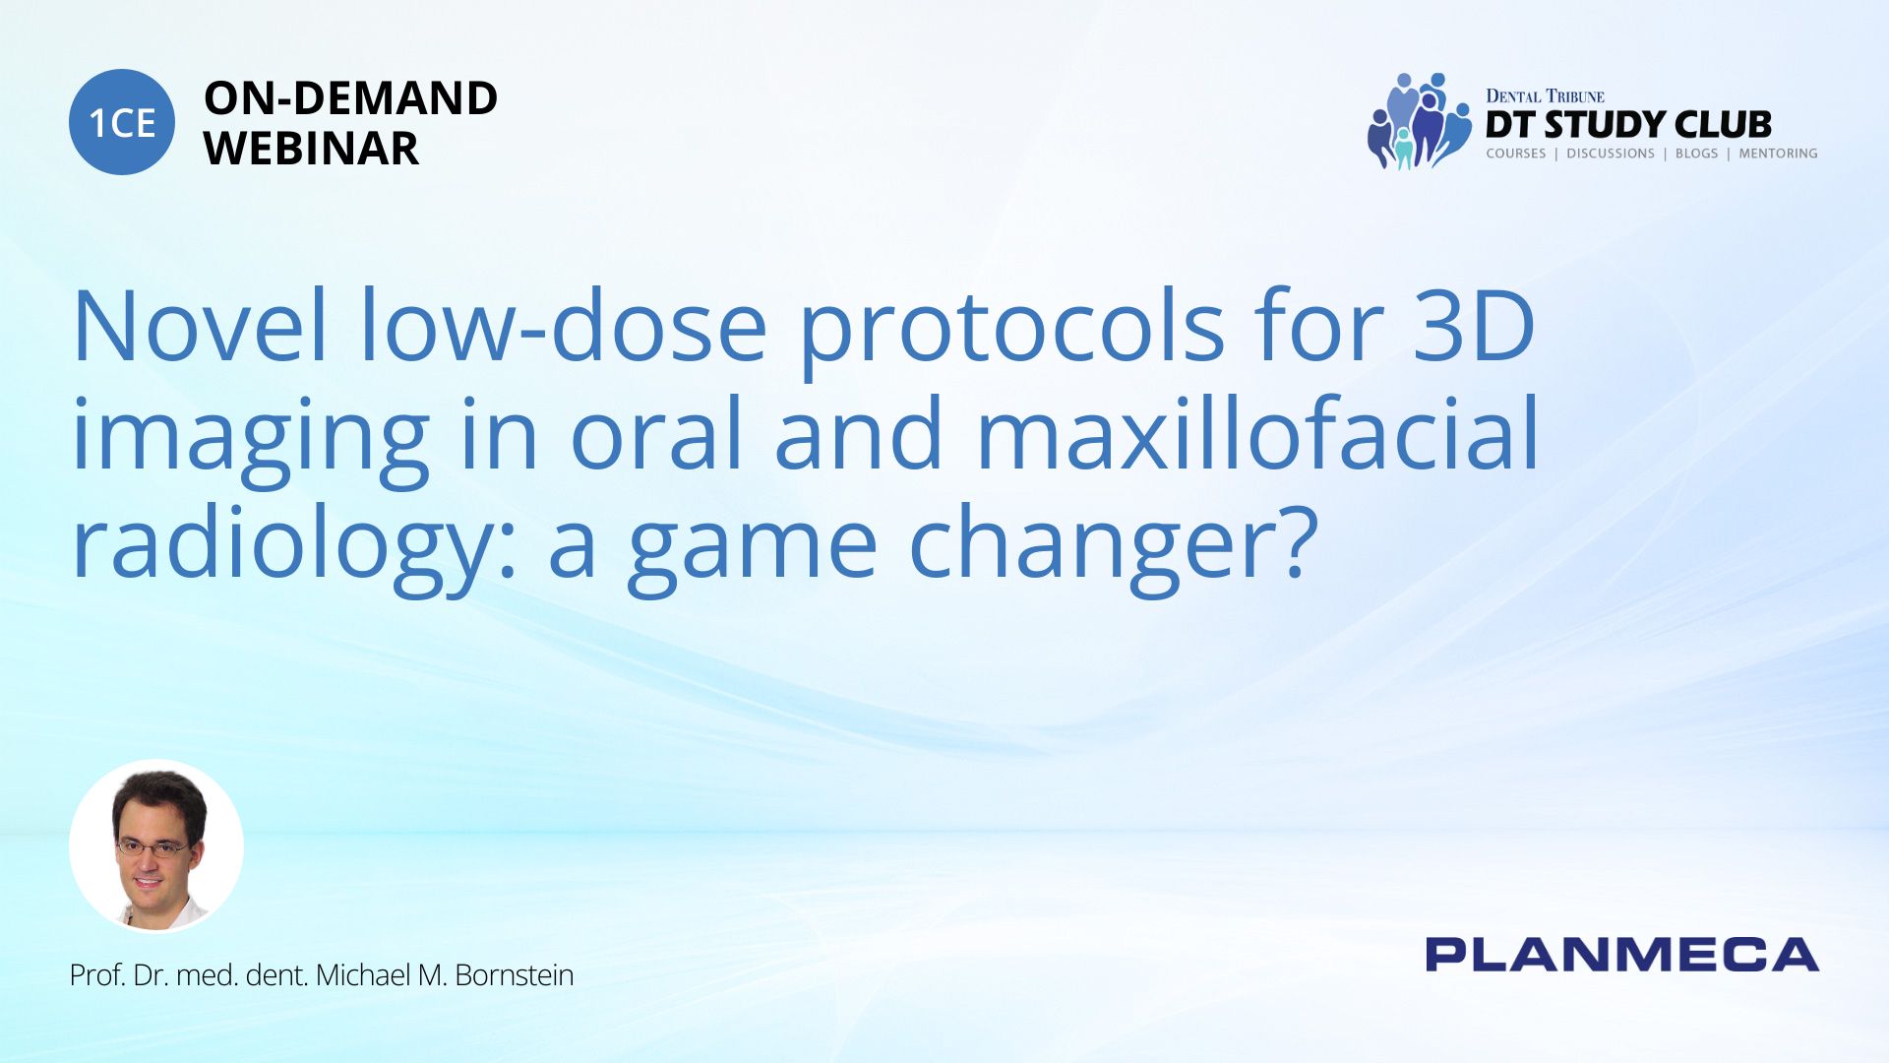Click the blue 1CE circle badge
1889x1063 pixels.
pyautogui.click(x=122, y=122)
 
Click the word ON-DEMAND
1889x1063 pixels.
pyautogui.click(x=350, y=98)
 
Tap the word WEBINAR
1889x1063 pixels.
pyautogui.click(x=311, y=149)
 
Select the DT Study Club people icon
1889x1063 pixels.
pyautogui.click(x=1419, y=121)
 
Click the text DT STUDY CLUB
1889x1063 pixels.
pyautogui.click(x=1628, y=125)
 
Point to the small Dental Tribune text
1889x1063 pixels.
pyautogui.click(x=1545, y=95)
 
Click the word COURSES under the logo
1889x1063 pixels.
pyautogui.click(x=1516, y=154)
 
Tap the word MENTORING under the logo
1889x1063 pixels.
pyautogui.click(x=1778, y=154)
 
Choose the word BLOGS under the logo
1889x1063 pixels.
pyautogui.click(x=1696, y=154)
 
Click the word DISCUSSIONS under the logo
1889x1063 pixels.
pyautogui.click(x=1611, y=154)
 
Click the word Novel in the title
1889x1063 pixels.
pyautogui.click(x=200, y=326)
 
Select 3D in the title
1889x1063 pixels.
pyautogui.click(x=1474, y=326)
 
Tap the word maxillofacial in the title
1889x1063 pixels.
pyautogui.click(x=1257, y=433)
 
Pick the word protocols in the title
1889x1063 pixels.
pyautogui.click(x=1011, y=335)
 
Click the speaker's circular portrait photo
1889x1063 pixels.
pyautogui.click(x=156, y=846)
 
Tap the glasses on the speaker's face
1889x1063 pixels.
pyautogui.click(x=153, y=847)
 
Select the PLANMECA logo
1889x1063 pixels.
pyautogui.click(x=1621, y=955)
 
